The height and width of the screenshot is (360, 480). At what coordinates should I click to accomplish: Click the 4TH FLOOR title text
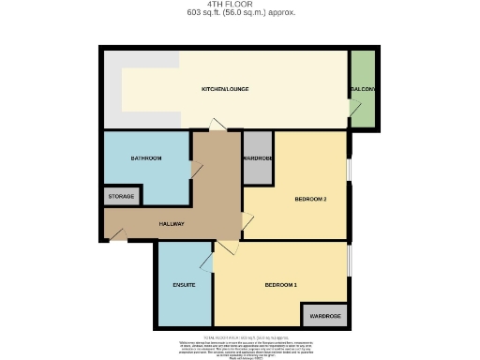[x=240, y=5]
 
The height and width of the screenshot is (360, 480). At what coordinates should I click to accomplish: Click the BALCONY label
[x=363, y=89]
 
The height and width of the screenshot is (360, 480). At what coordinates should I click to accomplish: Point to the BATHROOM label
[x=146, y=158]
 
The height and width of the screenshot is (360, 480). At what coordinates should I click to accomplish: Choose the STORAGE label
[x=122, y=196]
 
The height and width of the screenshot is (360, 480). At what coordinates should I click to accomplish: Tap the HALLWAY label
[x=172, y=223]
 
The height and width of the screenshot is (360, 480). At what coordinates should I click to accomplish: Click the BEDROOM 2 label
[x=310, y=199]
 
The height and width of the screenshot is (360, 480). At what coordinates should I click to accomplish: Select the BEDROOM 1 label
[x=280, y=284]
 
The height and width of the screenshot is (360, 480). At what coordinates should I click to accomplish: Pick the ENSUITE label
[x=184, y=284]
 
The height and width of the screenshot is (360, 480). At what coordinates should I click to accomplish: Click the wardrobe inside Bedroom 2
[x=258, y=157]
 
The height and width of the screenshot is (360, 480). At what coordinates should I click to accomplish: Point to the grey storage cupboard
[x=122, y=196]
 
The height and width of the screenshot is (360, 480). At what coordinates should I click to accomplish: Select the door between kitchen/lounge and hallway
[x=217, y=125]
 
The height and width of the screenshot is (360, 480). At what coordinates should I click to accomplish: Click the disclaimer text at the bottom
[x=240, y=346]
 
